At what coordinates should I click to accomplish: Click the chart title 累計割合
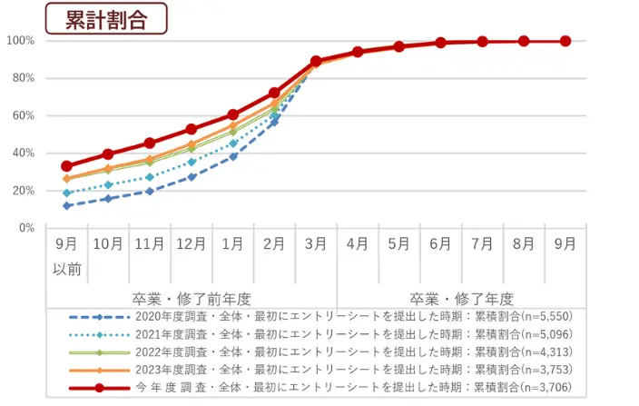pyautogui.click(x=106, y=20)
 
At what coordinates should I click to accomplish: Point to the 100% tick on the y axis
pyautogui.click(x=20, y=41)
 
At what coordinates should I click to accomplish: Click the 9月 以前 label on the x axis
pyautogui.click(x=66, y=256)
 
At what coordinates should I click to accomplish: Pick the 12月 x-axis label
pyautogui.click(x=192, y=244)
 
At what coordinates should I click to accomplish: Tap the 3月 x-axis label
pyautogui.click(x=316, y=244)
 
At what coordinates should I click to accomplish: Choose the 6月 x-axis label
pyautogui.click(x=441, y=244)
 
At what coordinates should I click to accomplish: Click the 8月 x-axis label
pyautogui.click(x=524, y=244)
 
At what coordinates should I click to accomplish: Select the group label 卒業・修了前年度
pyautogui.click(x=191, y=298)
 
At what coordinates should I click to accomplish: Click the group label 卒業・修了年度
pyautogui.click(x=462, y=298)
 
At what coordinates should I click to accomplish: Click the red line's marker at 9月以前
pyautogui.click(x=66, y=166)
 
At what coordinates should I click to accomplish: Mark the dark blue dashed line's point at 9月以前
pyautogui.click(x=66, y=205)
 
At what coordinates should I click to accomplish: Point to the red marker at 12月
pyautogui.click(x=192, y=129)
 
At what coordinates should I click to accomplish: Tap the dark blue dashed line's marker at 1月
pyautogui.click(x=233, y=156)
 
